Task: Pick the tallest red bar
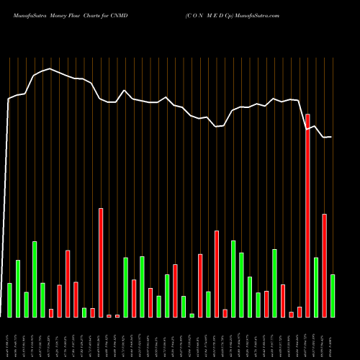[x=308, y=215]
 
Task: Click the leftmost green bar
[x=10, y=300]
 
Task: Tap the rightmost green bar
[x=333, y=295]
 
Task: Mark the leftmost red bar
[x=51, y=312]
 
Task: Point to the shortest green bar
[x=192, y=315]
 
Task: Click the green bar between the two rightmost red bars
[x=316, y=287]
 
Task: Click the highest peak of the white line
[x=50, y=68]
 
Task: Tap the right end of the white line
[x=332, y=137]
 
